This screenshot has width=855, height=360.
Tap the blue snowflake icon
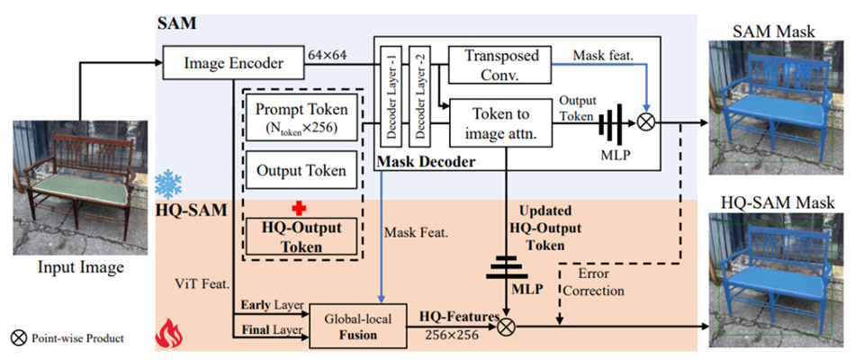pos(168,183)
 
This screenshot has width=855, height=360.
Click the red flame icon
pos(169,333)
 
